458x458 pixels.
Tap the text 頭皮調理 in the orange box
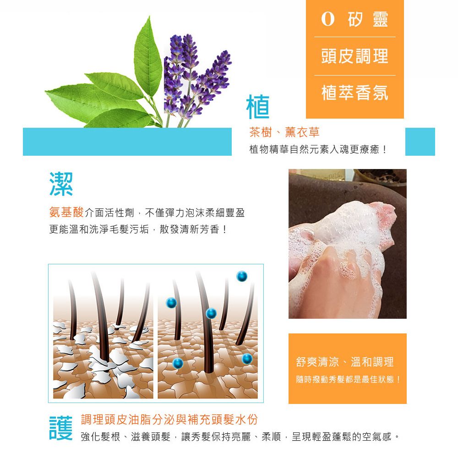pyautogui.click(x=354, y=56)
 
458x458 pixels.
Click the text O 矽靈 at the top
pyautogui.click(x=354, y=19)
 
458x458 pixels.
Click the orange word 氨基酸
pyautogui.click(x=66, y=213)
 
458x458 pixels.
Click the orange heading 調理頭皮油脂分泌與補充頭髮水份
pyautogui.click(x=169, y=419)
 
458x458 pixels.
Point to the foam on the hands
pyautogui.click(x=348, y=229)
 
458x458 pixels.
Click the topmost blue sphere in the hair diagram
pyautogui.click(x=242, y=276)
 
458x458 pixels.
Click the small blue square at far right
pyautogui.click(x=420, y=142)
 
